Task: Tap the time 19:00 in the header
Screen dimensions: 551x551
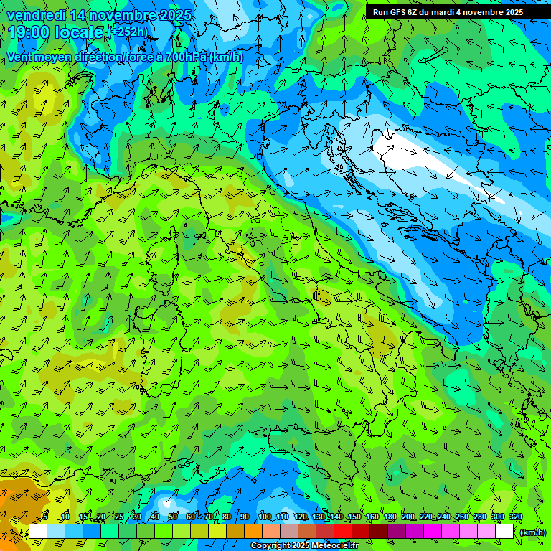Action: (x=29, y=33)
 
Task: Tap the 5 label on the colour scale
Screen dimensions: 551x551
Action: (x=45, y=517)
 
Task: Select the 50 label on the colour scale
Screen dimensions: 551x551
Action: (x=172, y=517)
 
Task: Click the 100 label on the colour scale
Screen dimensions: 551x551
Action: (x=264, y=517)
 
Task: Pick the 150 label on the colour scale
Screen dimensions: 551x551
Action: (x=354, y=517)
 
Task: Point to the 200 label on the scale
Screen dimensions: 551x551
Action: (x=408, y=517)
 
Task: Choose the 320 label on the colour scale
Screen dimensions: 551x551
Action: (x=516, y=517)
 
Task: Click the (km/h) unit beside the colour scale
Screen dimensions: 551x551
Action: (x=532, y=532)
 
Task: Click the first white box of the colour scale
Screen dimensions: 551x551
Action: (x=37, y=532)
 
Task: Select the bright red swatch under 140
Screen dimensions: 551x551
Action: (x=343, y=532)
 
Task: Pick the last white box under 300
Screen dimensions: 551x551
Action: (x=504, y=532)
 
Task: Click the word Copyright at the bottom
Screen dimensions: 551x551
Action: (x=270, y=546)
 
